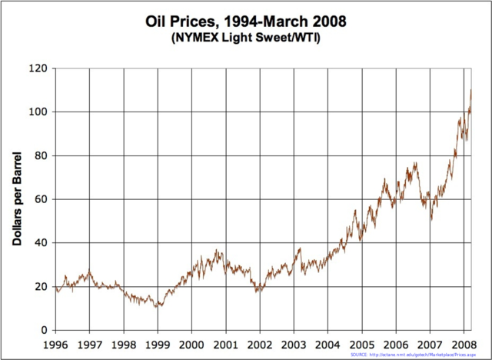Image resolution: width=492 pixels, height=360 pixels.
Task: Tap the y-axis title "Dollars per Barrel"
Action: (x=16, y=198)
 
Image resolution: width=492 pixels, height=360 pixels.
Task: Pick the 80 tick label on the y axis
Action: (x=40, y=156)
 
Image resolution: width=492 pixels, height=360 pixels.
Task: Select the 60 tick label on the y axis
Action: (x=40, y=200)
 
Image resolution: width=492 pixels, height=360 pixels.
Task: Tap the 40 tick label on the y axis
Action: (x=40, y=243)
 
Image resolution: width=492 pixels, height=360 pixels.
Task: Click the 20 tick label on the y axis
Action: (x=40, y=287)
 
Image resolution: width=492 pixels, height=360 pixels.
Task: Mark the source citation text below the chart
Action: (x=418, y=355)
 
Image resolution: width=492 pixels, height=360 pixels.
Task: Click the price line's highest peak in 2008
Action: (x=470, y=90)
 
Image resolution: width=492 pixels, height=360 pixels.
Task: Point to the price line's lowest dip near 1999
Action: (x=157, y=307)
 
